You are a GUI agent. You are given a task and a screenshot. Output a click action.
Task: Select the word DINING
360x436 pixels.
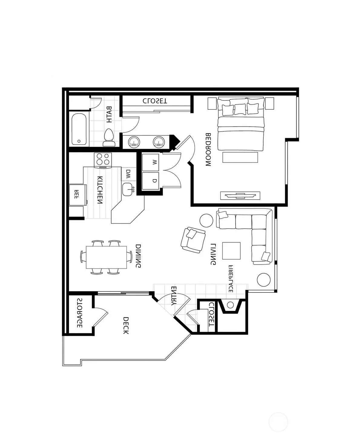pyautogui.click(x=138, y=256)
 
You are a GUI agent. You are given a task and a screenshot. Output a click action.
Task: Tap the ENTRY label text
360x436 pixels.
pyautogui.click(x=174, y=296)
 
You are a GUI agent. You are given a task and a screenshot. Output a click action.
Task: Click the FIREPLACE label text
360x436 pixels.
pyautogui.click(x=231, y=279)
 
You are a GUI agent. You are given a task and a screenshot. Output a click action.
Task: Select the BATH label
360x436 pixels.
pyautogui.click(x=109, y=115)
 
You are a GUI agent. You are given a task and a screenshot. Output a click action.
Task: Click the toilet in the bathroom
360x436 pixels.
pyautogui.click(x=109, y=138)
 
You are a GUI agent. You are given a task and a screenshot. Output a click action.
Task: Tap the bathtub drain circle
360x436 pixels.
pyautogui.click(x=79, y=141)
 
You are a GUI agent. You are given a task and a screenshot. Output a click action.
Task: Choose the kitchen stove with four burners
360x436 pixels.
pyautogui.click(x=103, y=160)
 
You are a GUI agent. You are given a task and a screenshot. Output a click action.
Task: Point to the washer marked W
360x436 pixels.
pyautogui.click(x=150, y=162)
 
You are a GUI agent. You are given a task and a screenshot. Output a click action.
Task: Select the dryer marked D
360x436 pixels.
pyautogui.click(x=150, y=181)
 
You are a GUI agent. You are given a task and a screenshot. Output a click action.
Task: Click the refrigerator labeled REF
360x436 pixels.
pyautogui.click(x=78, y=195)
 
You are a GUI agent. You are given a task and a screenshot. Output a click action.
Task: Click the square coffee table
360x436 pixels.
pyautogui.click(x=231, y=251)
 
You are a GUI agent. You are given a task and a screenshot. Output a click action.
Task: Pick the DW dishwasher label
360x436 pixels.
pyautogui.click(x=128, y=174)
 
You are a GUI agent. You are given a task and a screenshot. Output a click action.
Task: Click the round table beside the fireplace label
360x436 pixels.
pyautogui.click(x=264, y=280)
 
